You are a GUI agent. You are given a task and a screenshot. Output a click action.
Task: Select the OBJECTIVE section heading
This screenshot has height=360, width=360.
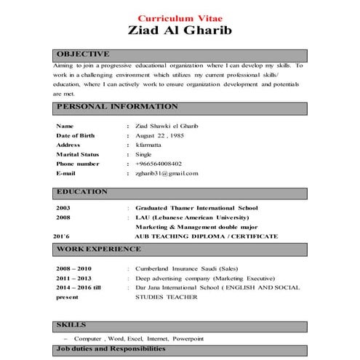pyautogui.click(x=83, y=54)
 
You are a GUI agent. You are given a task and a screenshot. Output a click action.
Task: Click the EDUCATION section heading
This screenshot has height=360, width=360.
pyautogui.click(x=81, y=192)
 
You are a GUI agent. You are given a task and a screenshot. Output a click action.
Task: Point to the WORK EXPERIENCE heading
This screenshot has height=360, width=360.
pyautogui.click(x=98, y=249)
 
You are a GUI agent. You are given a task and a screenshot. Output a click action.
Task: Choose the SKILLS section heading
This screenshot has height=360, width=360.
pyautogui.click(x=71, y=324)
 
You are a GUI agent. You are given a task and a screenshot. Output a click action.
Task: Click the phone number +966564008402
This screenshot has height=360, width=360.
pyautogui.click(x=159, y=164)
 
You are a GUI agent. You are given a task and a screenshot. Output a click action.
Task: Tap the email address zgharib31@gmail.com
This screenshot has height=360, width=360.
pyautogui.click(x=167, y=174)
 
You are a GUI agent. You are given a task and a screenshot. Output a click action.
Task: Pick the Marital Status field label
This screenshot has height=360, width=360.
pyautogui.click(x=77, y=154)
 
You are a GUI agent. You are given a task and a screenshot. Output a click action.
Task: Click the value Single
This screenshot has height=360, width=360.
pyautogui.click(x=143, y=154)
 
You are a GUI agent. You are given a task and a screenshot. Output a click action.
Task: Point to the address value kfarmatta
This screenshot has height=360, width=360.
pyautogui.click(x=148, y=145)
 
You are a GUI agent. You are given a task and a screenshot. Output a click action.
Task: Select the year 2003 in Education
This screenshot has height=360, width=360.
pyautogui.click(x=63, y=207)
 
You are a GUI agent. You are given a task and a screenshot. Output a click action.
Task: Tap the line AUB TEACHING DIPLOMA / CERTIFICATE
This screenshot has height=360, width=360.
pyautogui.click(x=206, y=236)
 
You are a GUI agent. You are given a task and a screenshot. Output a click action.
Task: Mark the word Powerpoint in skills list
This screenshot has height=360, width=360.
pyautogui.click(x=188, y=339)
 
